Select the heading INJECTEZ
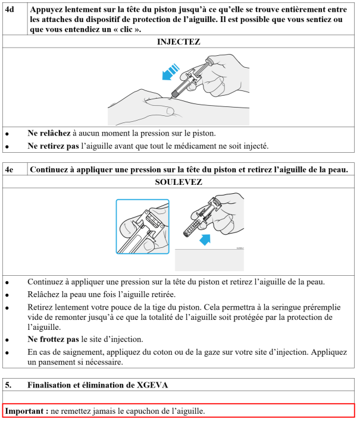(179, 42)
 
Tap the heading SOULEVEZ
(179, 182)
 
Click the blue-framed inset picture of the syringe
(143, 227)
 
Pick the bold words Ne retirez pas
(53, 146)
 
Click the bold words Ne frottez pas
(53, 339)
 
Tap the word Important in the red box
(24, 411)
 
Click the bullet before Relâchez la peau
(7, 294)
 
